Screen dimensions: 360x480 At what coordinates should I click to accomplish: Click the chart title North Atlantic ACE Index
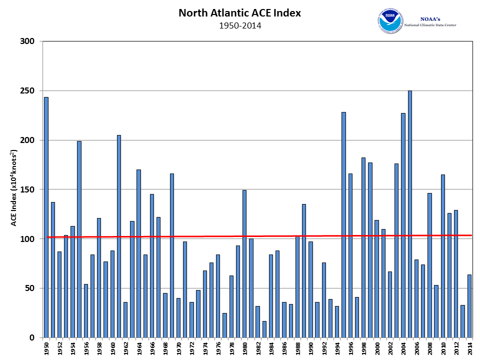pos(240,13)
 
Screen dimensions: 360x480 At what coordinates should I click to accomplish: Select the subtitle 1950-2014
pos(240,25)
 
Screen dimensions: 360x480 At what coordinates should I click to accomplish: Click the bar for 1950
pos(46,217)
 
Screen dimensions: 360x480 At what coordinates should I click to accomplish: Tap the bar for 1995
pos(343,225)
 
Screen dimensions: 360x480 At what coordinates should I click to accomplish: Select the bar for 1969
pos(171,255)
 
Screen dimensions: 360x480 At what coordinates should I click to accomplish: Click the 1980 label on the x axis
pos(244,348)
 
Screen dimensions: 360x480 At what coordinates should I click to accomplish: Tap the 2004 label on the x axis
pos(403,348)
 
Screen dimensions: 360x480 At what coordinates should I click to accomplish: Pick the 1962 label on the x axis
pos(125,348)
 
